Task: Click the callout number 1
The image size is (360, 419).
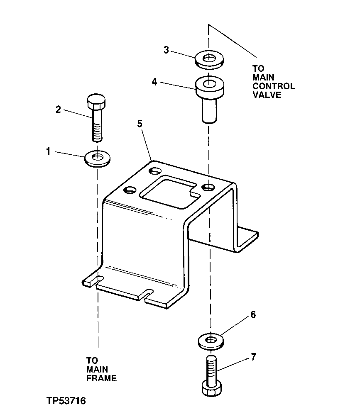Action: tap(48, 152)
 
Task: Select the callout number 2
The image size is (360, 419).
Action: tap(59, 110)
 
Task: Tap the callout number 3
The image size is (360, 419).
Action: tap(166, 50)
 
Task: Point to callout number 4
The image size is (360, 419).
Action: tap(154, 82)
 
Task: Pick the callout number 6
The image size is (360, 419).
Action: tap(253, 315)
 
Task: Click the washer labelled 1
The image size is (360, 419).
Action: tap(97, 159)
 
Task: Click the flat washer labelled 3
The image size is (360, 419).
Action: tap(209, 58)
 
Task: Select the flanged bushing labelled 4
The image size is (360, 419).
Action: tap(210, 95)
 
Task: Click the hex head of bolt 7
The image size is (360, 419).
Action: tap(211, 388)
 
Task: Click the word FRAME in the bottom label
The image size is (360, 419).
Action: tap(101, 378)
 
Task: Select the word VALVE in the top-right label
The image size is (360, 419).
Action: tap(267, 95)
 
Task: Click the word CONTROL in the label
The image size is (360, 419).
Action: tap(274, 86)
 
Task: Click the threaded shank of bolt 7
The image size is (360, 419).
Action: tap(211, 367)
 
